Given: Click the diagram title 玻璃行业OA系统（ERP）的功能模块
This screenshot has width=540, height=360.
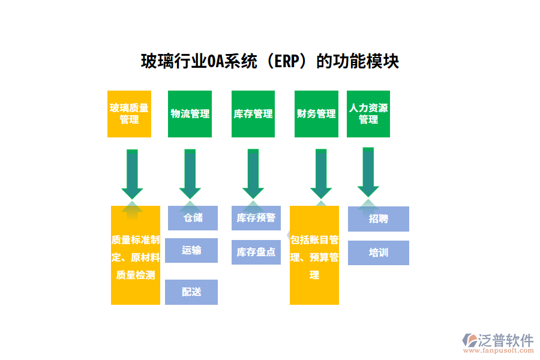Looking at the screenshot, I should coord(269,61).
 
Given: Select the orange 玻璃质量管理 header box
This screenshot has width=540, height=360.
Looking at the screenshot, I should coord(129,114).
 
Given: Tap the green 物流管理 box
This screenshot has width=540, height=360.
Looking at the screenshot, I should coord(190,114).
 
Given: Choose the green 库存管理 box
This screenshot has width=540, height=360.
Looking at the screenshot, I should coord(253,114).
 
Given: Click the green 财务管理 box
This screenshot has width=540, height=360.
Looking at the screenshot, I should coord(316,114).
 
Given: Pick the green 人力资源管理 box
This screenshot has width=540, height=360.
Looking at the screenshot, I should coord(368,114).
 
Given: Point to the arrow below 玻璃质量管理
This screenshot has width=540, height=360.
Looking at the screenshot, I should coord(132,174).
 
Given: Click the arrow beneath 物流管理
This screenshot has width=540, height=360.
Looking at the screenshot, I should coord(190,174).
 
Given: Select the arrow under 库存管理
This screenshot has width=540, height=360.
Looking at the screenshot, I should coord(253,174).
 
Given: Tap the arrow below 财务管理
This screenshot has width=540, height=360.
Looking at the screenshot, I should coord(321,174).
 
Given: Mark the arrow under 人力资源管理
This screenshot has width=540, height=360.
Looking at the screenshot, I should coord(368,172).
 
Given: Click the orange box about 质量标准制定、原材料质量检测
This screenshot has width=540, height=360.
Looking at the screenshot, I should coord(136,257).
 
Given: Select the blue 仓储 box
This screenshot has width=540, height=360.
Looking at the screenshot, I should coord(193,218).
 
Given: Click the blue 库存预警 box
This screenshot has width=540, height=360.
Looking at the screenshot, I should coord(256,218).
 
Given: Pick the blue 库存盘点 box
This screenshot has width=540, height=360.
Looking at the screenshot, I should coord(256,252).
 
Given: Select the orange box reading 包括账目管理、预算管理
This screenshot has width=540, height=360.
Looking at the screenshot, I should coord(314,257).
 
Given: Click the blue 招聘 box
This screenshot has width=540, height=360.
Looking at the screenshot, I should coord(379,219).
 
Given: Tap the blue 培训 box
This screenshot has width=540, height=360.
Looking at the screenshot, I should coord(379,253).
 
